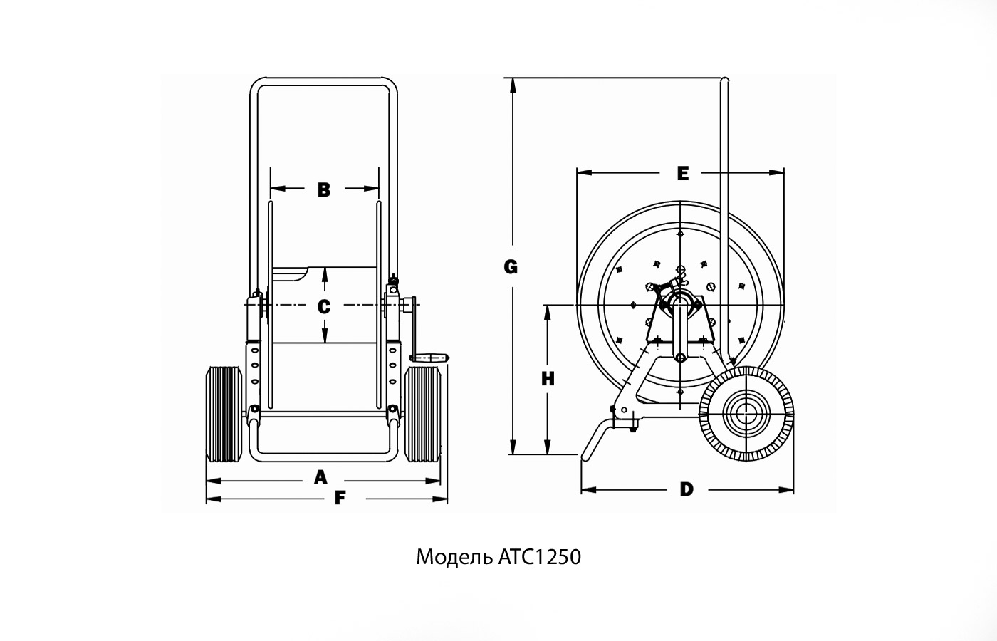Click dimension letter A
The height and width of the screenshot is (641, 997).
point(320,476)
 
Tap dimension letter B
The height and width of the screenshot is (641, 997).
point(324,189)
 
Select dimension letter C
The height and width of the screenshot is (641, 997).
point(324,306)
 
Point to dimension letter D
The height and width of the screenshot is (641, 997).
point(686,489)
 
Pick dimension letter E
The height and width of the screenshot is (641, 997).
point(682,173)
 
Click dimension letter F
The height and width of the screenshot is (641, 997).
point(340,498)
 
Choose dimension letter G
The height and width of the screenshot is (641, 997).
point(510,267)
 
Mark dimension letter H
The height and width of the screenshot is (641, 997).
point(547,379)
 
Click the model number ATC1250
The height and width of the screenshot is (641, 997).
point(536,556)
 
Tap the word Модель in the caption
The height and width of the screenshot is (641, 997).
point(452,556)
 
